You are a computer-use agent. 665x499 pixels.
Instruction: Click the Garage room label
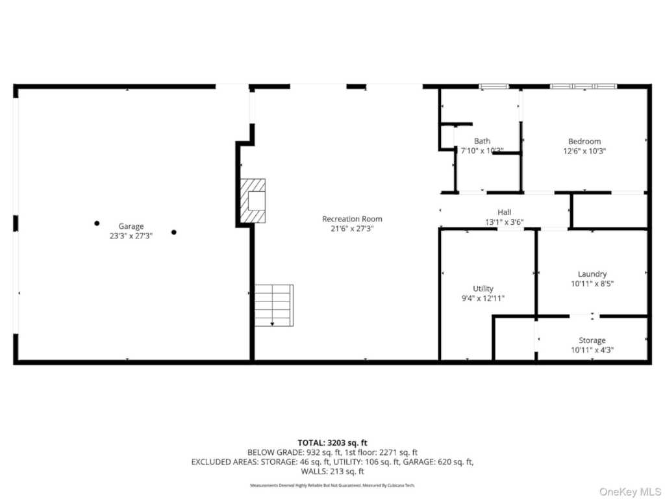131,226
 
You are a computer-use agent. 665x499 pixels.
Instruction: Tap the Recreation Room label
352,219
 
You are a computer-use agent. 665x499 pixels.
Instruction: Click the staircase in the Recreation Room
273,305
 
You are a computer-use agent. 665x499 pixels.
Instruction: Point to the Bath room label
482,141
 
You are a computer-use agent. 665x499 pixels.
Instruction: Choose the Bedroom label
584,141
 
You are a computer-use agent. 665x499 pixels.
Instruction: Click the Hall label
504,212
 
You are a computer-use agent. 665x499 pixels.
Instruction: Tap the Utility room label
483,288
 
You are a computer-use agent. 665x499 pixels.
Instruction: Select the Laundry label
592,274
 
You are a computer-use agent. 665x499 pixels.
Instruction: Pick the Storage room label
592,340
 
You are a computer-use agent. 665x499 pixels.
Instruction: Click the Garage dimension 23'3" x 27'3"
131,237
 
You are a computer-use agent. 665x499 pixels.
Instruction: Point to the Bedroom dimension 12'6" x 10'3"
584,151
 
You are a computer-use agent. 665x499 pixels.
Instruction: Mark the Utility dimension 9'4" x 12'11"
483,298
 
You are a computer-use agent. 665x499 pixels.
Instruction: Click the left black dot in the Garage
97,223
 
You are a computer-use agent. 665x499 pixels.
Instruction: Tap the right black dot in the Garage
173,232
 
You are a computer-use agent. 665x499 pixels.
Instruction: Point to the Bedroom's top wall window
583,86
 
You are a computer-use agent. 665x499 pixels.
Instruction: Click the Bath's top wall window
494,86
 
